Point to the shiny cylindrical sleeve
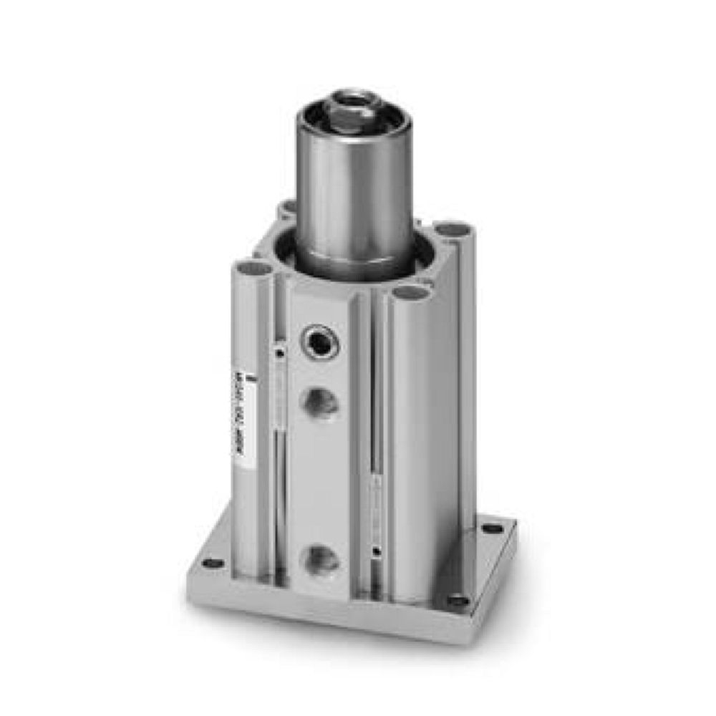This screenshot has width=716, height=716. (x=354, y=193)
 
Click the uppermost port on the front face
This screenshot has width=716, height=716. (x=320, y=342)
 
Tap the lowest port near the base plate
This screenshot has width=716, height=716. (x=319, y=559)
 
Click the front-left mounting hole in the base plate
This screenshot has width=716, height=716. (x=212, y=563)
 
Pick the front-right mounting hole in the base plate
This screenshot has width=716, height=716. (x=457, y=601)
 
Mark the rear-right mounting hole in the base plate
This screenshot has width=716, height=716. (x=493, y=528)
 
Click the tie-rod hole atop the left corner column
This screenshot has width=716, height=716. (x=255, y=269)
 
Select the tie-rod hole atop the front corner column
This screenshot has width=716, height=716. (x=410, y=292)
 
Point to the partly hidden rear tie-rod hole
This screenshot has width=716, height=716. (x=288, y=207)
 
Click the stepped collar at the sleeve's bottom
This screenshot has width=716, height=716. (x=354, y=261)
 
